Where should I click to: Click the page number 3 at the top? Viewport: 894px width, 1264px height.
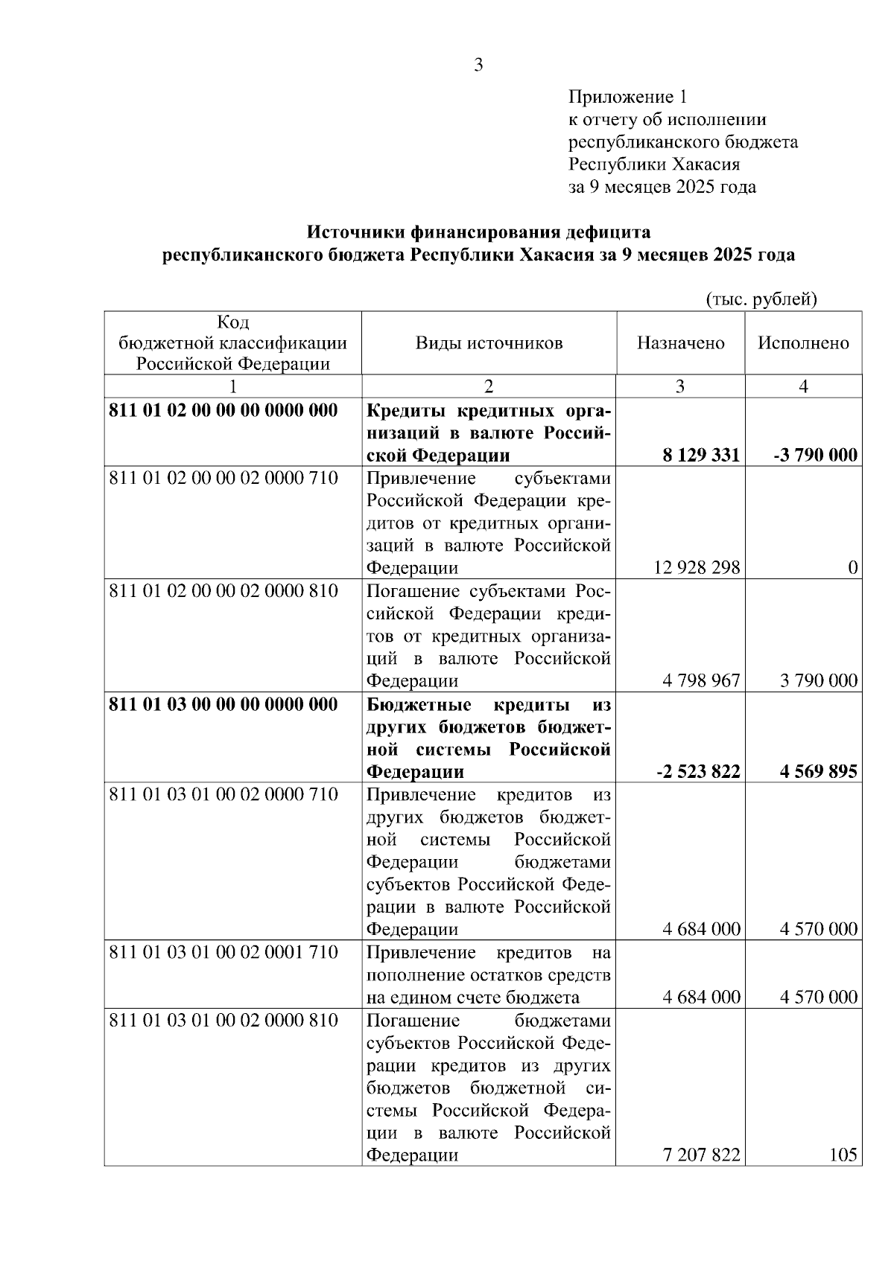478,66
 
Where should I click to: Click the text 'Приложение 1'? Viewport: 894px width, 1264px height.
627,97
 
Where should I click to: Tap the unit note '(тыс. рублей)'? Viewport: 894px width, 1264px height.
761,299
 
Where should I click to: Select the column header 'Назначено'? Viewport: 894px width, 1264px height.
680,343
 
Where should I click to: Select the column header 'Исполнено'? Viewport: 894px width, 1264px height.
803,343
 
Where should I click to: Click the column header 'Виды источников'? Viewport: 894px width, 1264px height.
489,343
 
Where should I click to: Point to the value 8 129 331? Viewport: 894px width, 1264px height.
701,456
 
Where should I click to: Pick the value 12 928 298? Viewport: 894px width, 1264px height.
697,568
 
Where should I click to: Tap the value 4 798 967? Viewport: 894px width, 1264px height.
701,680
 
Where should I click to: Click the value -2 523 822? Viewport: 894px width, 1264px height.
698,772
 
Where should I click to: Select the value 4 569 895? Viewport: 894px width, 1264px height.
819,772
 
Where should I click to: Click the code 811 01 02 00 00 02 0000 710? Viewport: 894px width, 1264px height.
223,478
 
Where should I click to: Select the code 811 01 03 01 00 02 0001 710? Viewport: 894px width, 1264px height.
223,952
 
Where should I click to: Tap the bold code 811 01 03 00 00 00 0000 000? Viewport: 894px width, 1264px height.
223,703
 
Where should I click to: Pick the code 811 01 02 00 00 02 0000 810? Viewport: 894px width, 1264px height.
223,591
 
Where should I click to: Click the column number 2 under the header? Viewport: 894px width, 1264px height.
489,386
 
